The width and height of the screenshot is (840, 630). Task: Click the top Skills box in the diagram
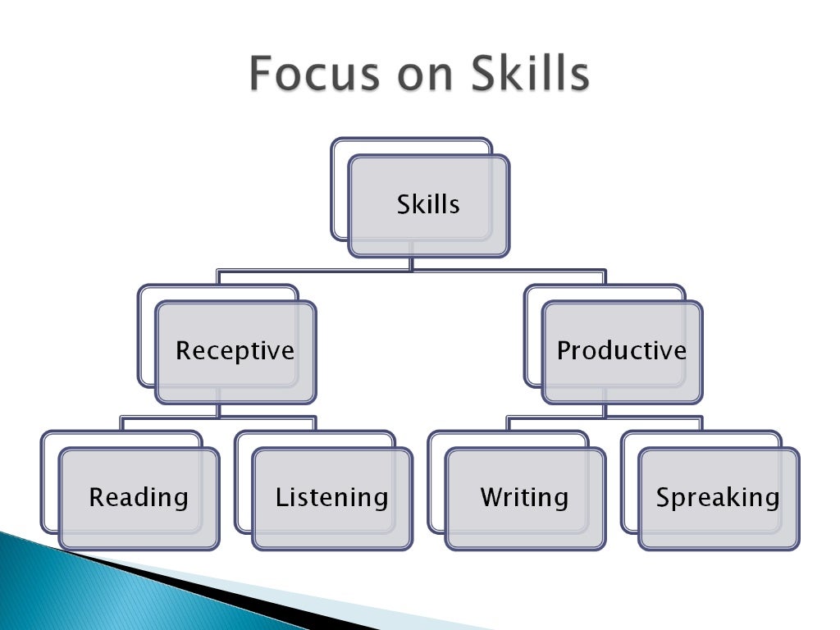point(428,204)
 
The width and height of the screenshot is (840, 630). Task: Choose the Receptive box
point(235,351)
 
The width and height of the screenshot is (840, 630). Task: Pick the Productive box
point(622,351)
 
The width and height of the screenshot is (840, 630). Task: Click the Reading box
point(139,497)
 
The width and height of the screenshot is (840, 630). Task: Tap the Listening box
point(331,497)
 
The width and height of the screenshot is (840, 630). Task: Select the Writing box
point(524,497)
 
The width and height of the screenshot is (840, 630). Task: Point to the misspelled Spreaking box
point(718,497)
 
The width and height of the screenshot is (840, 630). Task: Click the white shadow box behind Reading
point(49,484)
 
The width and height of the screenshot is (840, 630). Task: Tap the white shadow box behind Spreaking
point(629,484)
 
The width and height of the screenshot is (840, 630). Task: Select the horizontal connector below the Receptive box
point(218,417)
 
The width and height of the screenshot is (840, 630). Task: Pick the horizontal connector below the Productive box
point(605,417)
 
